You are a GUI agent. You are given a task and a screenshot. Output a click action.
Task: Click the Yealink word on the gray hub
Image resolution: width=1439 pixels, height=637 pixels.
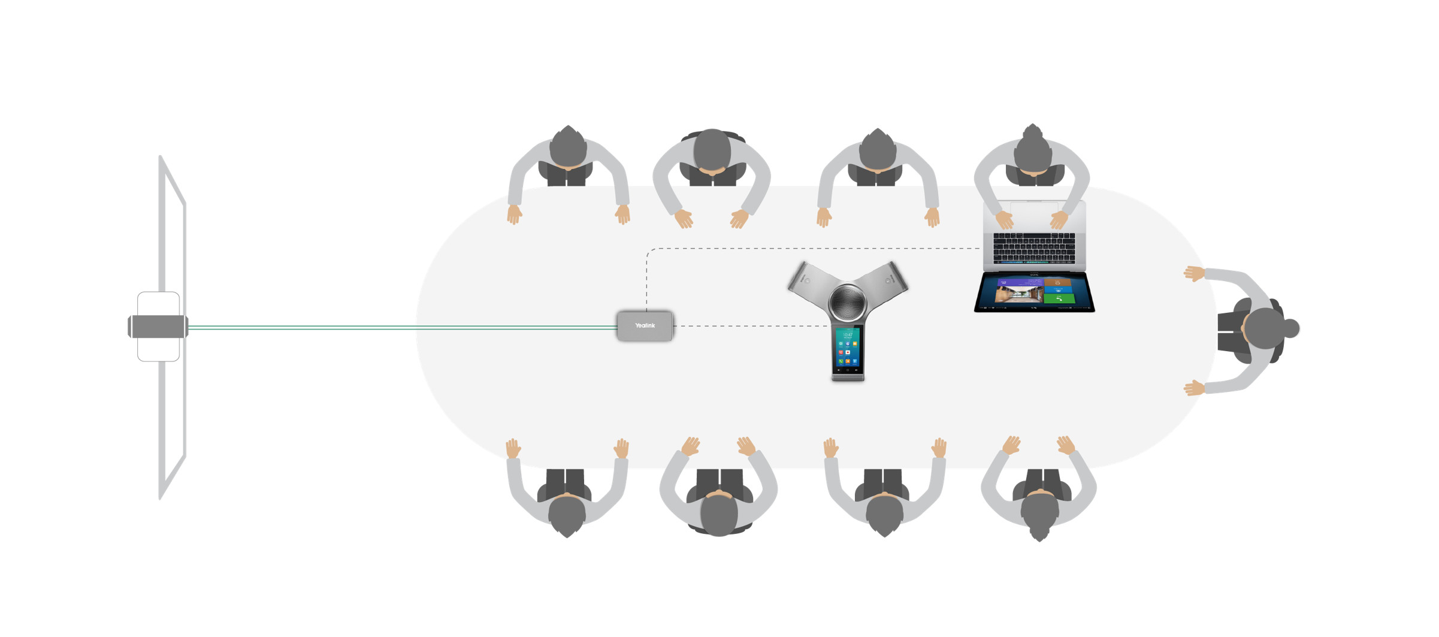[x=645, y=325]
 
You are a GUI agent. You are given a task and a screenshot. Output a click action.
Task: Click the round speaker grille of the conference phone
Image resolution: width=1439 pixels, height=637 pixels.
[x=847, y=302]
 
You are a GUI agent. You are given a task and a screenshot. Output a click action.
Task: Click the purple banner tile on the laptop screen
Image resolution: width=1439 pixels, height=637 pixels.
[x=1018, y=282]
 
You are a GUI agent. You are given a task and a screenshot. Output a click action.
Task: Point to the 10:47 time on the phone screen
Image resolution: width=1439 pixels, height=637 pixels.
[x=848, y=334]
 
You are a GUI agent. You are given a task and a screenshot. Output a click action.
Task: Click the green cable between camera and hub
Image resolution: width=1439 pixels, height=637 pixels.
[x=401, y=327]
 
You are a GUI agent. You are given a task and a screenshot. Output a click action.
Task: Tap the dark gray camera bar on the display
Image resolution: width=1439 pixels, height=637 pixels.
[x=158, y=327]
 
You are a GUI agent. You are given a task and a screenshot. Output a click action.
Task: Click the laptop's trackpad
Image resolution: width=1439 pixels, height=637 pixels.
[x=1034, y=213]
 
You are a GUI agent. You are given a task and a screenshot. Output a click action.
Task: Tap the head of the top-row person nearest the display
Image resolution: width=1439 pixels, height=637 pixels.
[x=568, y=147]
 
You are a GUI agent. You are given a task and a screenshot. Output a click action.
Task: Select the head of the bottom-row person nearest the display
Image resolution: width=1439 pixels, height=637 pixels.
[x=567, y=515]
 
